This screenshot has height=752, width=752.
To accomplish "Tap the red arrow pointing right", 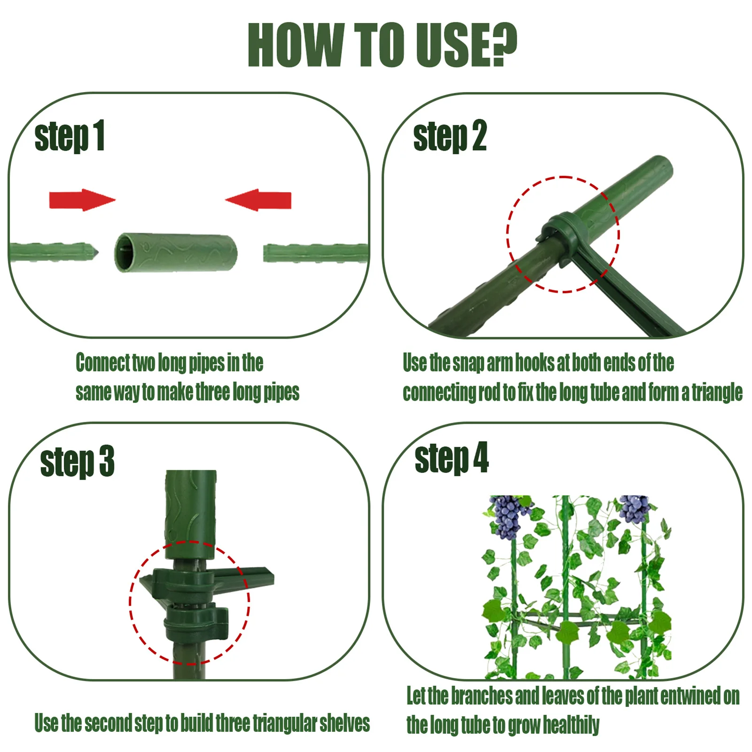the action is point(82,200).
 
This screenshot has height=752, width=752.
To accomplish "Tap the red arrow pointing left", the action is point(258,200).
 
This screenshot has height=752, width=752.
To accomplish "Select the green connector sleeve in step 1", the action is point(176,253).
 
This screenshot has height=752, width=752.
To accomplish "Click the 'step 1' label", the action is point(70,137).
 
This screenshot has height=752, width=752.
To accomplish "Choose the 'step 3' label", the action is point(78,461).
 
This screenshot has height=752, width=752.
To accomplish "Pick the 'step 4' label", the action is point(451,458).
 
